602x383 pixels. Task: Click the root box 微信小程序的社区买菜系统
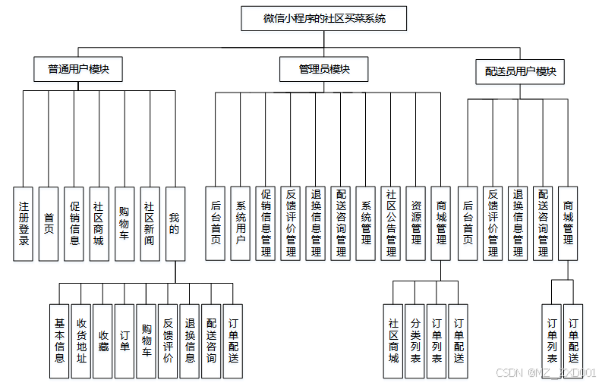(x=324, y=18)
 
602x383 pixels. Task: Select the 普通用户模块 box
(x=79, y=69)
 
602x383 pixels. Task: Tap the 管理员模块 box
(x=324, y=69)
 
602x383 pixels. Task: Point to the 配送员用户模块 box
(x=521, y=71)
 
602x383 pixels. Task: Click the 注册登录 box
(x=24, y=224)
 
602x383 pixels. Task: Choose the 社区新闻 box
(x=150, y=224)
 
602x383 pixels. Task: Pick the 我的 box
(x=175, y=224)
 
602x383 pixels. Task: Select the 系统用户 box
(x=241, y=224)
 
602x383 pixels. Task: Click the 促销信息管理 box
(x=266, y=224)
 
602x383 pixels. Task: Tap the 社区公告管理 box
(x=391, y=224)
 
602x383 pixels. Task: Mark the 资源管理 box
(x=416, y=224)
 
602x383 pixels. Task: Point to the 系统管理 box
(x=366, y=224)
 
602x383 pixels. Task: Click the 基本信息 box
(x=59, y=341)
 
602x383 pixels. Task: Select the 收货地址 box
(x=81, y=341)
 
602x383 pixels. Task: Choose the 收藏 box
(x=102, y=341)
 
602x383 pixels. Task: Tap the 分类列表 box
(x=415, y=341)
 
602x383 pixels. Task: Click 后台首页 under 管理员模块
(x=216, y=224)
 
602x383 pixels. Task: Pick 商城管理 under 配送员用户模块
(x=568, y=224)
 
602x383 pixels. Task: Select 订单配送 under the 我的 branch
(x=233, y=341)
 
